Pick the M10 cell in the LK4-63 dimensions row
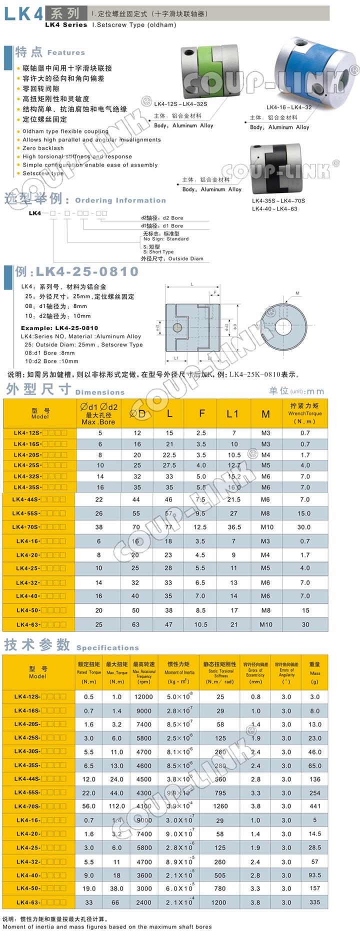(x=265, y=624)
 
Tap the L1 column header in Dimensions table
(x=233, y=413)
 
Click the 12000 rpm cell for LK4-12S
(x=143, y=696)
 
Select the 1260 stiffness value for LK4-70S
(x=220, y=806)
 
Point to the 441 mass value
(x=315, y=806)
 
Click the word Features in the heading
(x=66, y=52)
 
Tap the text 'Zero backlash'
(x=43, y=148)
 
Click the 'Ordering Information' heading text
(x=120, y=200)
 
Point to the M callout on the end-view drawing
(x=297, y=293)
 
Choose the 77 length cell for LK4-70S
(x=168, y=527)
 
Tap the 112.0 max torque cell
(x=116, y=806)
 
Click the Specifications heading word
(x=107, y=647)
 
